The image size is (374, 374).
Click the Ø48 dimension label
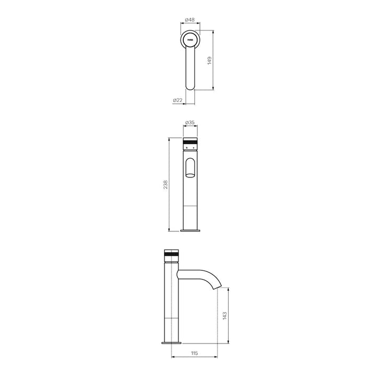[x=190, y=20]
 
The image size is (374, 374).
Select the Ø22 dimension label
[x=177, y=100]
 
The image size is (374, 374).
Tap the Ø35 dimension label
[x=190, y=123]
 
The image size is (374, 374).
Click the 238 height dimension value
[x=166, y=185]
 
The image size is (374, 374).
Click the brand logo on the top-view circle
[x=190, y=39]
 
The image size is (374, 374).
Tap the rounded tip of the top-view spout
[x=190, y=87]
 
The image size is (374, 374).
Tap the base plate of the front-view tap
[x=190, y=231]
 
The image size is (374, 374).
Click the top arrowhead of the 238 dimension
[x=169, y=138]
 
